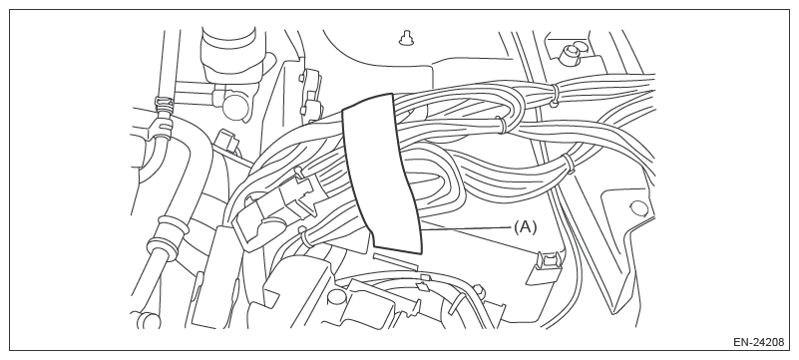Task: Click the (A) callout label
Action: pos(525,227)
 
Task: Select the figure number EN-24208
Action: pos(758,342)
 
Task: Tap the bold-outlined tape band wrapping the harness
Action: pos(381,174)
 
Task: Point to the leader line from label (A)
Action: pos(467,228)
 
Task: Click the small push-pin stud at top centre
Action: pos(406,38)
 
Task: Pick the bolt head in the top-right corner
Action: pos(570,55)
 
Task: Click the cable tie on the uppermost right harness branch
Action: pos(555,95)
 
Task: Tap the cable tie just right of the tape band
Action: pos(502,125)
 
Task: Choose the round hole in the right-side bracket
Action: pos(638,208)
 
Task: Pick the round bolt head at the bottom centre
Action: pos(336,297)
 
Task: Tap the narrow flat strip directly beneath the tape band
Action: pos(394,259)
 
